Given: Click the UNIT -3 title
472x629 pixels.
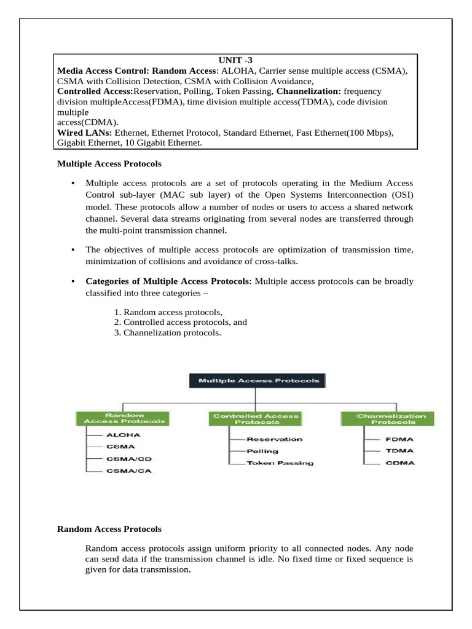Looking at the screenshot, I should point(235,60).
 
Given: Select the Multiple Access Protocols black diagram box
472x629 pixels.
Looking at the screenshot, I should point(258,381).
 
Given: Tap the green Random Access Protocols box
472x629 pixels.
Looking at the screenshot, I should point(124,418).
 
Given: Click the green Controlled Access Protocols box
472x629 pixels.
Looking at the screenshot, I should point(256,418).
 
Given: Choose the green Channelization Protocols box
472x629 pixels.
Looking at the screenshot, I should point(387,418).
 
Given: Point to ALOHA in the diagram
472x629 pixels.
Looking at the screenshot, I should point(123,434).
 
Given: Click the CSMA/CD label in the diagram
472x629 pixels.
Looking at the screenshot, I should point(128,459).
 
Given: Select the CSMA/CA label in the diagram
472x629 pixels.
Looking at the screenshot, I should point(128,471).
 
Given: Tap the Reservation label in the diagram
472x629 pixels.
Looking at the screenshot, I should point(274,439).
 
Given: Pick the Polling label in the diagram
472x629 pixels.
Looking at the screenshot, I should point(262,451).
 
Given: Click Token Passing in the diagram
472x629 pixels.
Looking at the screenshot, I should point(280,463).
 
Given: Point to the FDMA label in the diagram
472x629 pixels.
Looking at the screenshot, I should point(399,439).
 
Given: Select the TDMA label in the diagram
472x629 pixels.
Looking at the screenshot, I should point(399,451).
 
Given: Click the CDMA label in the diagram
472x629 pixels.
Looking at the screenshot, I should point(399,463).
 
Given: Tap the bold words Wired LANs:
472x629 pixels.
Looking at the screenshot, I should point(84,133).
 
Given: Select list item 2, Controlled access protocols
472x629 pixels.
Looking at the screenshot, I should point(180,322).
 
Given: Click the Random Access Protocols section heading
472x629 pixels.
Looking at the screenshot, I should point(109,529).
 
